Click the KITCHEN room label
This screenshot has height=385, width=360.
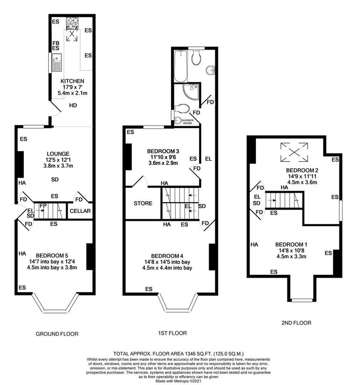72,81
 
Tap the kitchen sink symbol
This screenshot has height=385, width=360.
56,62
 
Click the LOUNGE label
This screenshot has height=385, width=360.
58,153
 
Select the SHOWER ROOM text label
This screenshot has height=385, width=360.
188,121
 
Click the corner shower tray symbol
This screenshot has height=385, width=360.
191,92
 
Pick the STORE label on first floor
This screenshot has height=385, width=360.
143,203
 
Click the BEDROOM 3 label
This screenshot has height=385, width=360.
163,151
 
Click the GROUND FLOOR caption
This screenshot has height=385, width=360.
57,334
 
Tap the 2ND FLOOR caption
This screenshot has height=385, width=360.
296,323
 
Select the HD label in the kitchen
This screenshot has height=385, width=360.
73,106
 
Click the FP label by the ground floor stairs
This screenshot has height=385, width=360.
43,205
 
